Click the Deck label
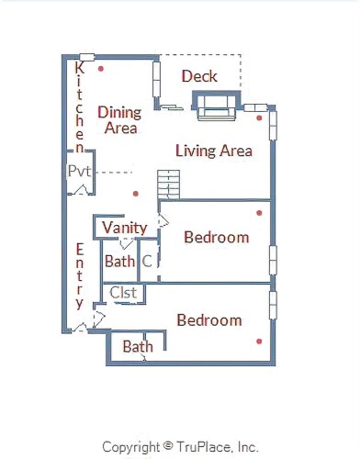click(x=199, y=76)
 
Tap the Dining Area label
click(x=119, y=120)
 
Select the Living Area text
click(x=214, y=151)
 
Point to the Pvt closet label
click(x=79, y=171)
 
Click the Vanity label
click(x=125, y=228)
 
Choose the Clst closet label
click(x=123, y=293)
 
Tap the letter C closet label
click(x=147, y=262)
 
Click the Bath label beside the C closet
click(x=119, y=262)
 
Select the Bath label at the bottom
click(x=138, y=347)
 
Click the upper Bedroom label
click(x=217, y=238)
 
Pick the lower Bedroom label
click(x=209, y=320)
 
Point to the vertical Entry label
click(x=80, y=276)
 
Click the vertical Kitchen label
click(x=80, y=107)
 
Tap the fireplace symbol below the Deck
click(x=217, y=106)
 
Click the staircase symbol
click(x=169, y=185)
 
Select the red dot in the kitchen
click(x=101, y=69)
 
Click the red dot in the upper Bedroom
click(x=259, y=213)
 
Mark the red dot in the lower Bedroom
click(x=259, y=341)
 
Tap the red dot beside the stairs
click(x=136, y=194)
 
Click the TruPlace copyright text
click(x=180, y=447)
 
